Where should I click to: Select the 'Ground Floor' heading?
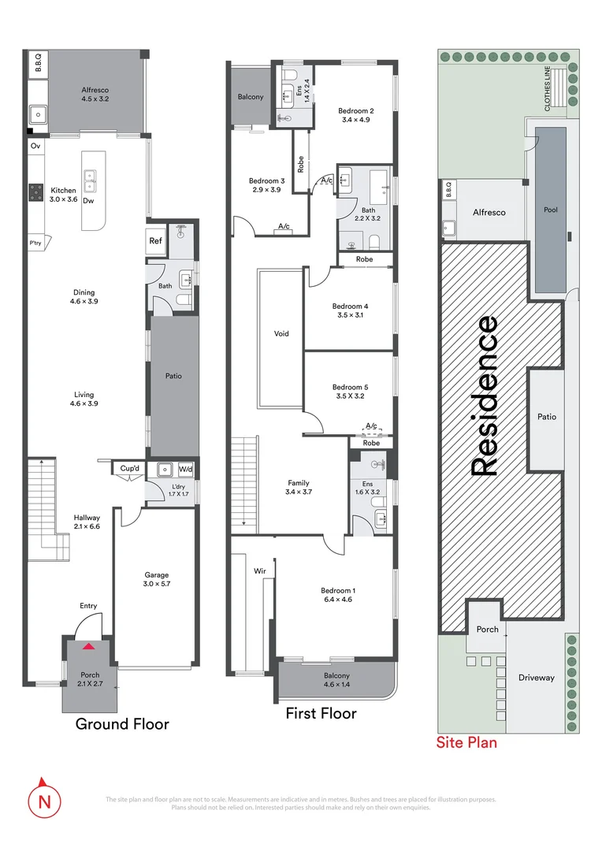coord(121,723)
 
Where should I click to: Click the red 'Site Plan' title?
coord(466,741)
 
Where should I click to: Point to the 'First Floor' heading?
coord(321,714)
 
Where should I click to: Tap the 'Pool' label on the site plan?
coord(550,210)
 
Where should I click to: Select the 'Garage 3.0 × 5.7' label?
coord(156,580)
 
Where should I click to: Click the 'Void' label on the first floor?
coord(281,333)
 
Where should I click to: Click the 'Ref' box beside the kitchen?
coord(156,241)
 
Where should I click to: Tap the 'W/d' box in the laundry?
coord(185,470)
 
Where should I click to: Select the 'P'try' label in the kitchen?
coord(36,243)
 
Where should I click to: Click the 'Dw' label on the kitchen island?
coord(88,201)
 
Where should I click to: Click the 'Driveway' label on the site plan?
coord(536,677)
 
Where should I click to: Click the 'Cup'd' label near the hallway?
coord(129,470)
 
